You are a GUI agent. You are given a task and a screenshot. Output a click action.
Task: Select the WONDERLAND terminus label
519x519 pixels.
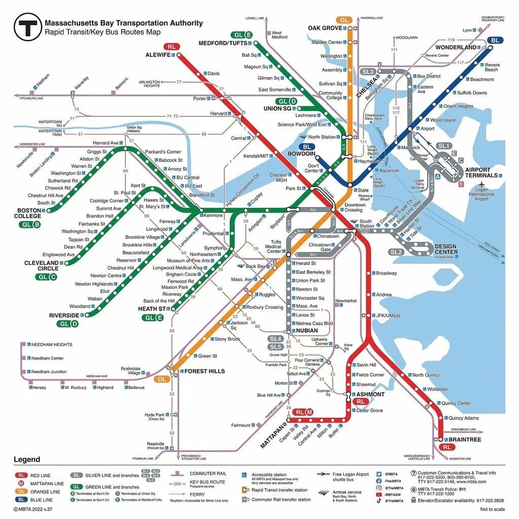(456, 47)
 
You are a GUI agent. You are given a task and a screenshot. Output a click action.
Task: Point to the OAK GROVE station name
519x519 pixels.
(325, 28)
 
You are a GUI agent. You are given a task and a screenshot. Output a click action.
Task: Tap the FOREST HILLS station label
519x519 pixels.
(204, 371)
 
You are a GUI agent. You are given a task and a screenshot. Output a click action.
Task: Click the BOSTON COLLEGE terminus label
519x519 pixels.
(28, 213)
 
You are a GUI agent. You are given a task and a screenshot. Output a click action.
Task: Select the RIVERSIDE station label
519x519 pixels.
(64, 315)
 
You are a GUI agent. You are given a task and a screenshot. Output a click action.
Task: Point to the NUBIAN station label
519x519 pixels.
(307, 330)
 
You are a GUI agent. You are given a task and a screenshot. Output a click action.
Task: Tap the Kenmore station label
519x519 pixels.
(213, 215)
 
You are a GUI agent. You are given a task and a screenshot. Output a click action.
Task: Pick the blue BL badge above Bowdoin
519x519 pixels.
(309, 147)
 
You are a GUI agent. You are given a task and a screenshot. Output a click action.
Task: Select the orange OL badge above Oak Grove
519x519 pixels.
(345, 20)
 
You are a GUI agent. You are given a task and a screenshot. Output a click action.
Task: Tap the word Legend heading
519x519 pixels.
(27, 460)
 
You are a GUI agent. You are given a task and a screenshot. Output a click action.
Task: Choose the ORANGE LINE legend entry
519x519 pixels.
(45, 492)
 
